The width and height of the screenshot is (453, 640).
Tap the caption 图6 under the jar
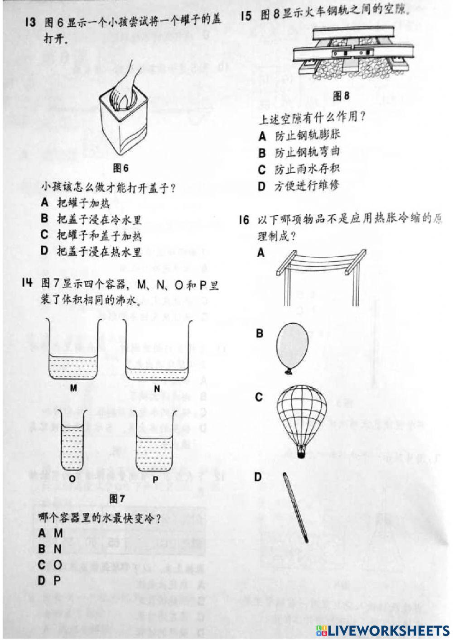pyautogui.click(x=120, y=168)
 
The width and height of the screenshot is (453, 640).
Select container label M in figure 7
pyautogui.click(x=73, y=388)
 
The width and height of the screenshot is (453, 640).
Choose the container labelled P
pyautogui.click(x=154, y=453)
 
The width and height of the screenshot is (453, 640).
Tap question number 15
pyautogui.click(x=246, y=16)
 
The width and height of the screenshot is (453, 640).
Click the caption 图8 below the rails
pyautogui.click(x=341, y=96)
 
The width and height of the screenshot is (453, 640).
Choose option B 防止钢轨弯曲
pyautogui.click(x=300, y=153)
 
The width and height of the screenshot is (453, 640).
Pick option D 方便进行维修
pyautogui.click(x=300, y=186)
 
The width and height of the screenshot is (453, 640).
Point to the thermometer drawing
pyautogui.click(x=296, y=507)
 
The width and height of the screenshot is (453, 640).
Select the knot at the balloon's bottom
pyautogui.click(x=288, y=371)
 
